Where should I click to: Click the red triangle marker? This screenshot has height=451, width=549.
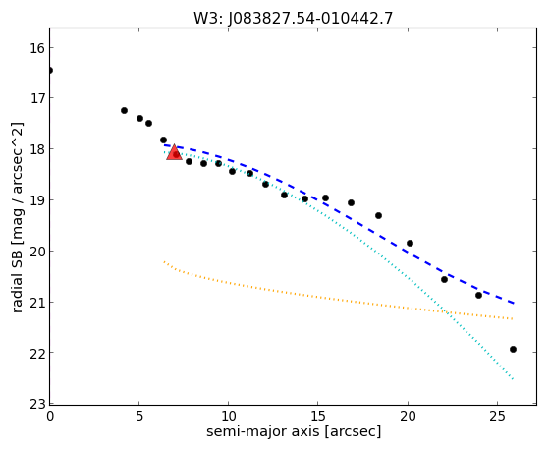coord(175,152)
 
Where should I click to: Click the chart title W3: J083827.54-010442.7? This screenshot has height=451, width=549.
coord(293,18)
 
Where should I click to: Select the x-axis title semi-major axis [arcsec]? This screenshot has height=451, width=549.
coord(294,431)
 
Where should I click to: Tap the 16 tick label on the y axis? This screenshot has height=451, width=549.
coord(37,48)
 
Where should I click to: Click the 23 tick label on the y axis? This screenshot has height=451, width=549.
coord(37,404)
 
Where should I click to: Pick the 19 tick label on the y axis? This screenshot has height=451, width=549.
coord(37,200)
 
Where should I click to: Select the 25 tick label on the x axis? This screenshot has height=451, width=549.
coord(497,416)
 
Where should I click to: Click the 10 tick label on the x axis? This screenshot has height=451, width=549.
coord(228,416)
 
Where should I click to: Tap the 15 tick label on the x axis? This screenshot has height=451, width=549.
coord(317,416)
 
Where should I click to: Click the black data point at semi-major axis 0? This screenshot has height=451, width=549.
coord(50,71)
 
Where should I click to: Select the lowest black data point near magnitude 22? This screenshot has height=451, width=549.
coord(513,349)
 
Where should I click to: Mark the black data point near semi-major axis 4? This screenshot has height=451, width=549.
coord(124,110)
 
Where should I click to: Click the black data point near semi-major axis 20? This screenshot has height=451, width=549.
coord(410,243)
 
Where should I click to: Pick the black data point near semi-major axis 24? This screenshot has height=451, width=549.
coord(478,295)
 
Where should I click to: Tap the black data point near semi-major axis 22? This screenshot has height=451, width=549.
coord(444,279)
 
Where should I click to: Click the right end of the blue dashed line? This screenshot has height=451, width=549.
coord(514,303)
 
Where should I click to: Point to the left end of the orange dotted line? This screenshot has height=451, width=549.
coord(164,261)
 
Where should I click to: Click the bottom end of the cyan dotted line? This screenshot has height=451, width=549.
coord(513,379)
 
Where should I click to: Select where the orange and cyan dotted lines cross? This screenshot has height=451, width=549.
coord(446,311)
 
